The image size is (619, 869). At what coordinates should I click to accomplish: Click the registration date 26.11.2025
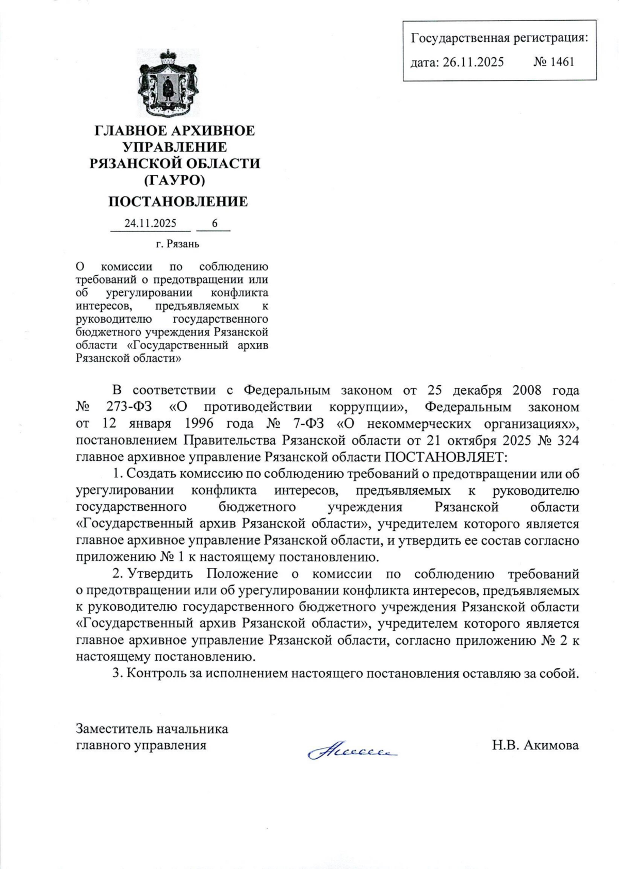(x=473, y=62)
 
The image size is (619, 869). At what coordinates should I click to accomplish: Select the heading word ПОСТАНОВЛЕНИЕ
(x=177, y=202)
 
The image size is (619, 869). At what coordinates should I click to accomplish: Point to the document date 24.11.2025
(x=150, y=223)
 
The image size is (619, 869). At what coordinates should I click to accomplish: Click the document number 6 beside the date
(x=215, y=223)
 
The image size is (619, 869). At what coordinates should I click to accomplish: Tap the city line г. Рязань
(x=177, y=244)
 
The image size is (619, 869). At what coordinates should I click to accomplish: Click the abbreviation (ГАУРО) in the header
(x=174, y=180)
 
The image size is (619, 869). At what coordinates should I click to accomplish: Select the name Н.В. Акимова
(x=535, y=745)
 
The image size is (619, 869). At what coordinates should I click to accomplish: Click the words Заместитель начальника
(x=152, y=728)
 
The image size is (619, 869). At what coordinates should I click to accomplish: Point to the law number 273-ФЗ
(x=129, y=407)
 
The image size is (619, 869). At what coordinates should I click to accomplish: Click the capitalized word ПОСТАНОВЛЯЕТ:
(x=446, y=457)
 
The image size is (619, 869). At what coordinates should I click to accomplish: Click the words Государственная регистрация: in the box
(x=499, y=38)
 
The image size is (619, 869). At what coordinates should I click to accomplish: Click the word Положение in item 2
(x=242, y=574)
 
